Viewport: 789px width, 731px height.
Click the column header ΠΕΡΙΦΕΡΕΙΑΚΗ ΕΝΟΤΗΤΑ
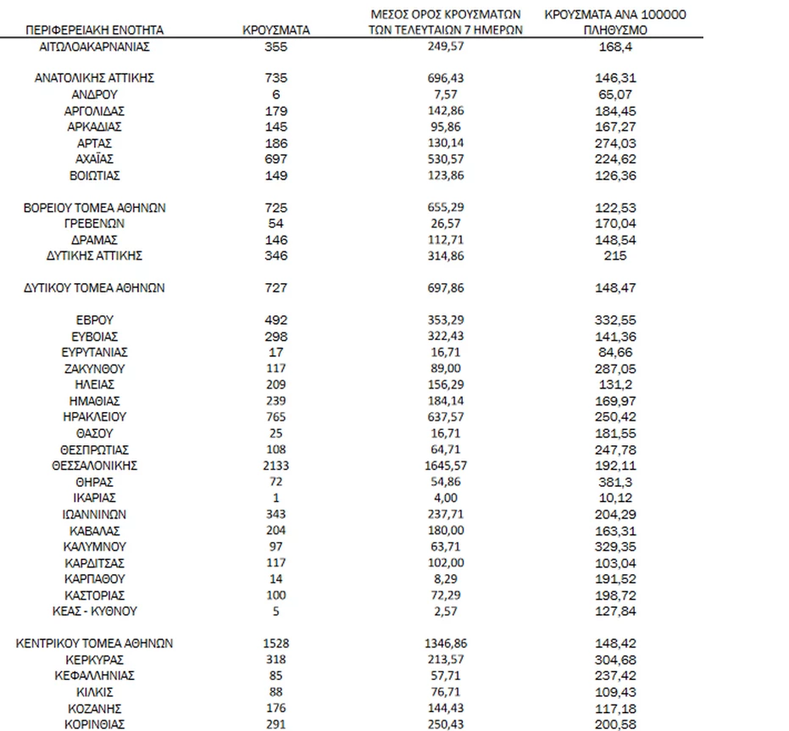click(x=94, y=30)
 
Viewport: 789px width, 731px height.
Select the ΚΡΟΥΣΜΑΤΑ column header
click(x=275, y=30)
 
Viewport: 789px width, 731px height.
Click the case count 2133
click(x=275, y=466)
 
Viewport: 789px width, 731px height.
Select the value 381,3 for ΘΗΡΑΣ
click(x=616, y=482)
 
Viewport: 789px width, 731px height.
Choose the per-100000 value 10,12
click(x=616, y=498)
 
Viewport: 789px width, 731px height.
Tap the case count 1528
click(x=275, y=644)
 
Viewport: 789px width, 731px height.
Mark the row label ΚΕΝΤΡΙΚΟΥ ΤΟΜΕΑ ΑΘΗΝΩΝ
click(x=94, y=644)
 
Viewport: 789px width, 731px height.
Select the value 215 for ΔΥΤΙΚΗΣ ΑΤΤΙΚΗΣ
click(x=616, y=255)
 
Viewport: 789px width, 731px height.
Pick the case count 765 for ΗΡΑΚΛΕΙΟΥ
click(x=275, y=417)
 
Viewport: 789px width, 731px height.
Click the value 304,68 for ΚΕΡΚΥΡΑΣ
click(x=616, y=660)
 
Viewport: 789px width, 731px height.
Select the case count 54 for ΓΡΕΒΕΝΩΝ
click(x=275, y=224)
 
